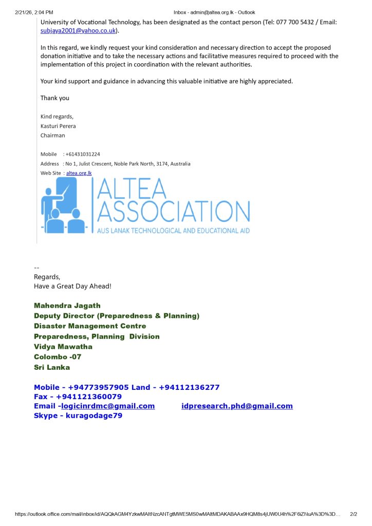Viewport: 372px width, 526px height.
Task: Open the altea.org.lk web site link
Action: pos(79,173)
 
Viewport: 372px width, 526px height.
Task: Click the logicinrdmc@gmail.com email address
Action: pos(108,406)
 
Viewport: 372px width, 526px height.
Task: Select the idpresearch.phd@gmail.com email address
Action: pos(237,406)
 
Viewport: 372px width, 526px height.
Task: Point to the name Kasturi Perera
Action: pos(58,126)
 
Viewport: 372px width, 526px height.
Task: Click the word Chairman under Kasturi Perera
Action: pos(53,136)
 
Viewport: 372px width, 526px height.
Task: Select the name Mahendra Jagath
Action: pos(67,306)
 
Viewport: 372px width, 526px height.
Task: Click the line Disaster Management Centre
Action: pos(90,326)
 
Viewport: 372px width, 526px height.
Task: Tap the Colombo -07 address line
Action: pos(58,357)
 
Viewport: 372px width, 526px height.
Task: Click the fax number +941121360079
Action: pos(89,397)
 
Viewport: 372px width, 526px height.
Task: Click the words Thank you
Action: pos(55,98)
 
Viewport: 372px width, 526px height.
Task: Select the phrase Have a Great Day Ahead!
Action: pos(72,286)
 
